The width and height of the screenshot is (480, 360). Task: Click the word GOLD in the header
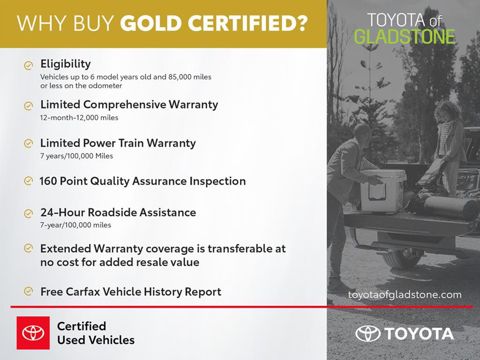click(x=150, y=23)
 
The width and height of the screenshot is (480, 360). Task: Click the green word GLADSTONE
click(x=404, y=36)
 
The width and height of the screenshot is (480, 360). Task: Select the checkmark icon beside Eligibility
click(x=29, y=65)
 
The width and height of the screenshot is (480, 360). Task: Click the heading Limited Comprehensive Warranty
click(x=129, y=105)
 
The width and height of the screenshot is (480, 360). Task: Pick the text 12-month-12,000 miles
click(x=79, y=118)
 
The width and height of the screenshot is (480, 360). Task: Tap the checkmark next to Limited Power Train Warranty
click(x=29, y=143)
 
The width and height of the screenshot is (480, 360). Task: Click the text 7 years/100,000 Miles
click(x=76, y=156)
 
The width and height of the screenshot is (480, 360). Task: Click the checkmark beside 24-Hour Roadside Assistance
click(x=29, y=213)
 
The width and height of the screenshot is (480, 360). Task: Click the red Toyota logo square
click(x=33, y=333)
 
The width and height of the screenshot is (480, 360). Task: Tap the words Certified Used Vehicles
click(x=96, y=333)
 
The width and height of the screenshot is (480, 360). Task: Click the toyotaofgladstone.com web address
click(x=405, y=295)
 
